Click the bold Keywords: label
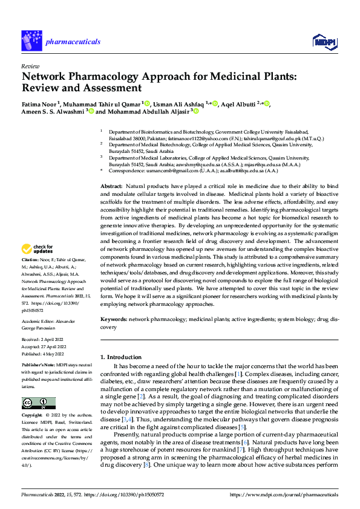tap(113, 319)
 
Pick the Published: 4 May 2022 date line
tap(42, 355)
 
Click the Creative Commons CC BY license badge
tap(39, 403)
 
